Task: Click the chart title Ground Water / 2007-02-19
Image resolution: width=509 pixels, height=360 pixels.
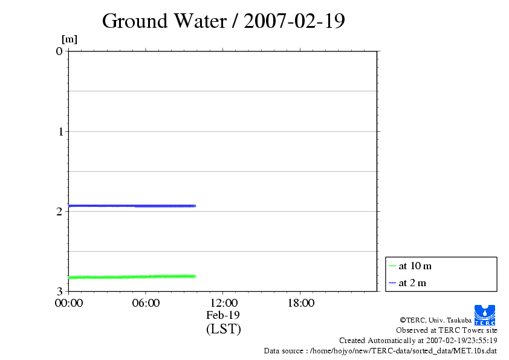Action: click(224, 21)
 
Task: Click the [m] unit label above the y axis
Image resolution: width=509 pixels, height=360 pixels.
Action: click(70, 39)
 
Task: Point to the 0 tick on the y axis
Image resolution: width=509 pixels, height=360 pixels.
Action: click(59, 51)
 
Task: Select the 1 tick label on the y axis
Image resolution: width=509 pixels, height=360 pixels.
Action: click(59, 131)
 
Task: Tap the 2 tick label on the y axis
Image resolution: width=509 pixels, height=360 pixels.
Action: click(59, 211)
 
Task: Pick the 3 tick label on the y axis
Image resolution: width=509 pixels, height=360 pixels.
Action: click(59, 291)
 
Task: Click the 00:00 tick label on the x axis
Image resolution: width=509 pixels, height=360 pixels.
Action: click(68, 303)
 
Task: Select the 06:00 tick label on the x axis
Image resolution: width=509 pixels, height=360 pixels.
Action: click(146, 303)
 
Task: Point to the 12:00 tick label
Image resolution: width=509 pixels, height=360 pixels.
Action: click(223, 303)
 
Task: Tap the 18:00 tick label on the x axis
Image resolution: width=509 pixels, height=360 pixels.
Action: click(300, 303)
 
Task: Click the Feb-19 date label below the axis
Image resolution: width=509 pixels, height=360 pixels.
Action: click(223, 315)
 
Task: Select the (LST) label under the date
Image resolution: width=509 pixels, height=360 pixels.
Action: click(223, 329)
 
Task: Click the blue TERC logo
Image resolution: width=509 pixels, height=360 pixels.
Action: click(485, 315)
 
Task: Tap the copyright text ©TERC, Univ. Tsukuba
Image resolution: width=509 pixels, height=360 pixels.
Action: click(435, 320)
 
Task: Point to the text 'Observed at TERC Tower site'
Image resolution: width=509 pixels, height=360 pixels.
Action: click(446, 330)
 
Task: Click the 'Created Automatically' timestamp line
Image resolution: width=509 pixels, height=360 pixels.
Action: click(418, 340)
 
